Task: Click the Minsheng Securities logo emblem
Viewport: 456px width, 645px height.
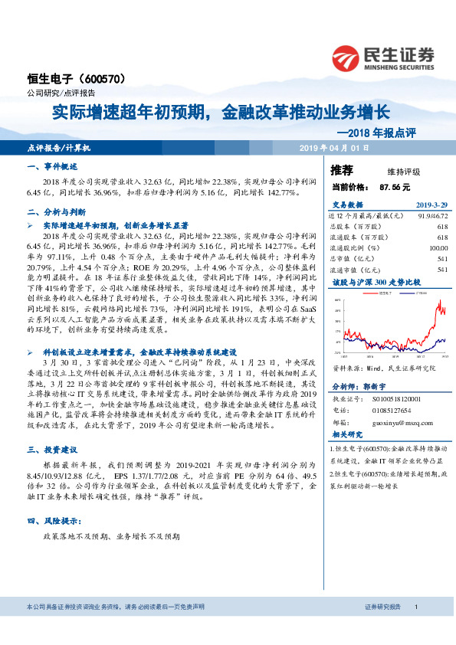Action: click(x=346, y=55)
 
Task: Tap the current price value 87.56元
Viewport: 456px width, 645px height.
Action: click(x=395, y=186)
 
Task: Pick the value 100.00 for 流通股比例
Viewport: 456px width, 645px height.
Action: click(x=438, y=248)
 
